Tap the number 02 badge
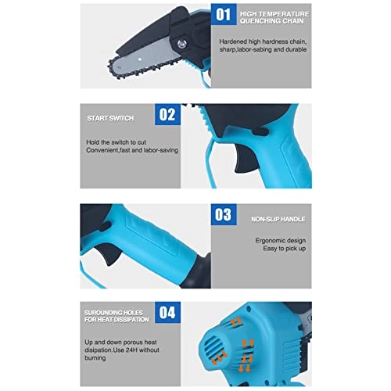167,114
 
